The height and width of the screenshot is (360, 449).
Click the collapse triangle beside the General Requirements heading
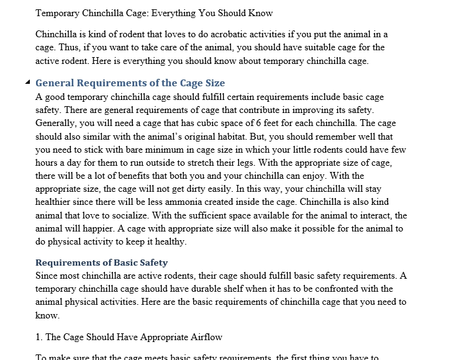(27, 83)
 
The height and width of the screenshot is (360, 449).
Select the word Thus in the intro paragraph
(65, 47)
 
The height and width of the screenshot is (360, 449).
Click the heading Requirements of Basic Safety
(101, 263)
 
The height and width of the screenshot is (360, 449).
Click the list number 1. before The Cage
(39, 337)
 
